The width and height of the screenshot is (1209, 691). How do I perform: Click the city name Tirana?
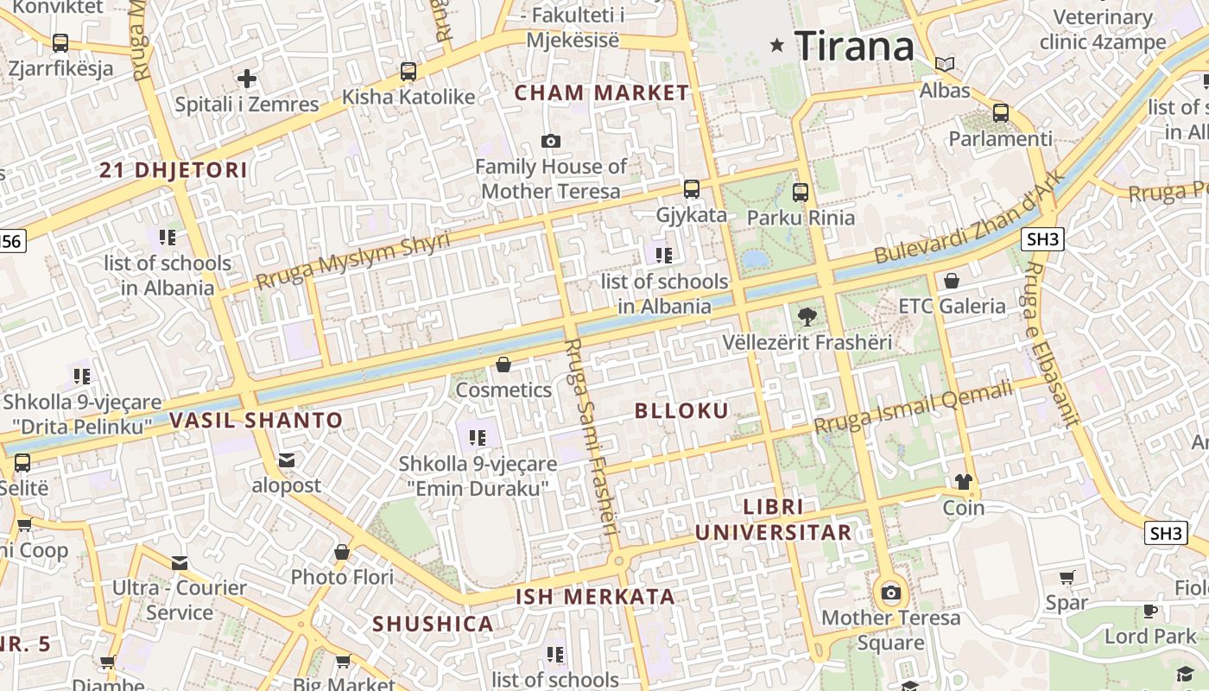point(853,45)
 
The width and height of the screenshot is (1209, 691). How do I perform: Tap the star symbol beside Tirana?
point(777,45)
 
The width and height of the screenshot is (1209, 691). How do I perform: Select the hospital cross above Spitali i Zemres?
point(247,79)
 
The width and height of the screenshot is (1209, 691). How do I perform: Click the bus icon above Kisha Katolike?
point(408,72)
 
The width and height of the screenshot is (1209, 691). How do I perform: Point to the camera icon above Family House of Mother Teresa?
point(550,141)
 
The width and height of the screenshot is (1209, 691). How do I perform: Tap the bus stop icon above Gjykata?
point(691,189)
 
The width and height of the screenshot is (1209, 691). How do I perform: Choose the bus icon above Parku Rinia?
point(801,193)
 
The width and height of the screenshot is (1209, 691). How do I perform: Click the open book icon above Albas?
point(945,65)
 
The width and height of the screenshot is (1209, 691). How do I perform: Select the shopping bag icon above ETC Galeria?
point(951,281)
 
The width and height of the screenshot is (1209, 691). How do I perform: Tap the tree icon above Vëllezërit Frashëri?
point(807,317)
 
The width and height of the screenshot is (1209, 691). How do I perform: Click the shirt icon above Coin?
point(963,482)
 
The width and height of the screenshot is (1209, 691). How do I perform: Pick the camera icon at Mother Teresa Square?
point(891,593)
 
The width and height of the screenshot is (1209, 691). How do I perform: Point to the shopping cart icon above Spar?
point(1067,577)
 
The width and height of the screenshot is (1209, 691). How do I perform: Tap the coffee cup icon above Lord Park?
point(1150,611)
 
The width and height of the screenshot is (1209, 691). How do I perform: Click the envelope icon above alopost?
point(287,460)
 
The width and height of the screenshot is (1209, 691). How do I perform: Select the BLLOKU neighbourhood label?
point(682,411)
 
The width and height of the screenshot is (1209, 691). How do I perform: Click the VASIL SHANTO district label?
point(256,421)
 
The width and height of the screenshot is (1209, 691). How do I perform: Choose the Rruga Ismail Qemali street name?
point(914,408)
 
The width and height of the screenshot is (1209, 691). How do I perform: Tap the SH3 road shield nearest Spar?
point(1165,533)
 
